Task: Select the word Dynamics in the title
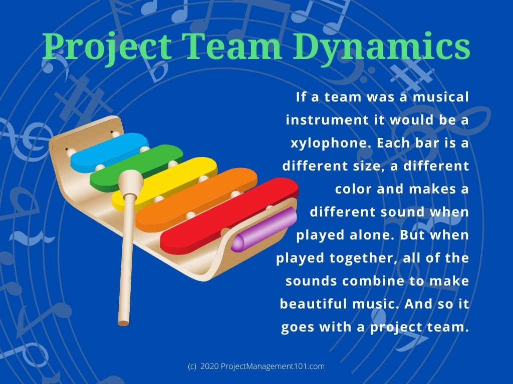click(381, 46)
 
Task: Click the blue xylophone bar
click(109, 152)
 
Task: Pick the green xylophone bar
click(136, 167)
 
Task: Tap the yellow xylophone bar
click(164, 184)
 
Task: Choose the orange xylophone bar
click(196, 199)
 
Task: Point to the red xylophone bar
click(229, 215)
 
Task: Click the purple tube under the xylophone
click(264, 229)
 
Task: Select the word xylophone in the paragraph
click(331, 143)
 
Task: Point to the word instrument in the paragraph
click(327, 120)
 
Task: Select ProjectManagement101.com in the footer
click(273, 366)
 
